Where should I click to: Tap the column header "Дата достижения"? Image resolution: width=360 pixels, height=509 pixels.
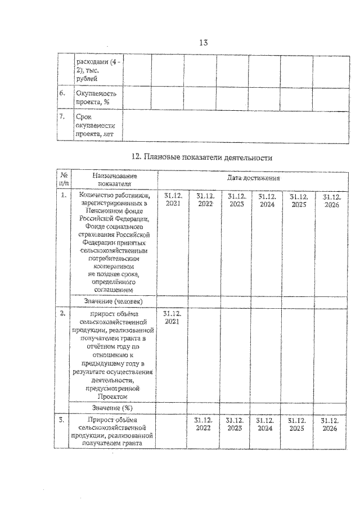[254, 178]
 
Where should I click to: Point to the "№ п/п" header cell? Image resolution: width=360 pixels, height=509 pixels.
[64, 179]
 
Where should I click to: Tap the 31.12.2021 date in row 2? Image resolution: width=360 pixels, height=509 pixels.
[172, 317]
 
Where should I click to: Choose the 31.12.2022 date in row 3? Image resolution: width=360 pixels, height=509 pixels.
[204, 424]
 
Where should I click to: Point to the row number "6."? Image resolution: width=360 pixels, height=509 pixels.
[64, 93]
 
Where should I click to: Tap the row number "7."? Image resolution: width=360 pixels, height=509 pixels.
[64, 116]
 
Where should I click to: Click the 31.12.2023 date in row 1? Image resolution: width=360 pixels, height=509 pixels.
[235, 200]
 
